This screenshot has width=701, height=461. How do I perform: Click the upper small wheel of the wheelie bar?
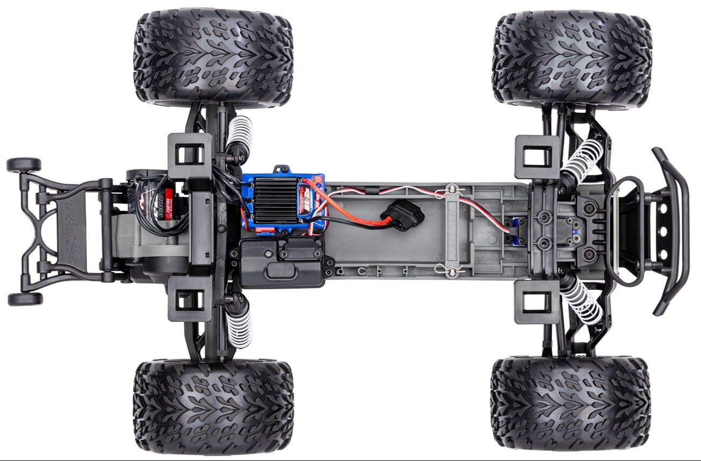pyautogui.click(x=24, y=164)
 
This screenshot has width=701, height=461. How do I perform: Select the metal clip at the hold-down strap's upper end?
pyautogui.click(x=452, y=189)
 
